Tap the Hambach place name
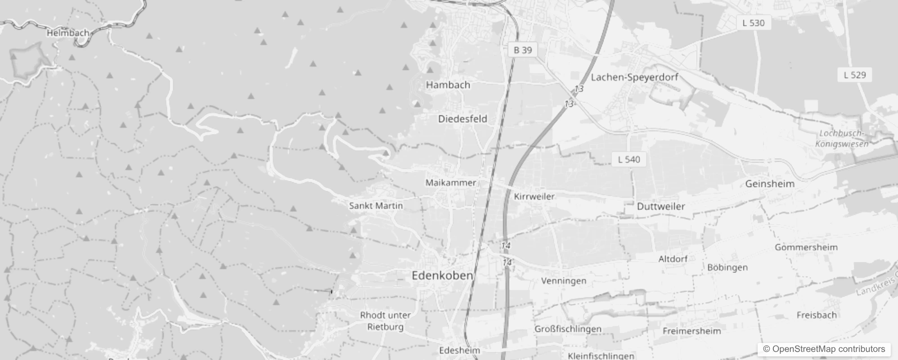click(448, 85)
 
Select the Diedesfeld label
click(462, 119)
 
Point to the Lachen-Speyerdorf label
click(634, 77)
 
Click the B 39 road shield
click(523, 50)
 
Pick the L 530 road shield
click(754, 22)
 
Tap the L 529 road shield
click(855, 75)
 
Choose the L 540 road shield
click(629, 159)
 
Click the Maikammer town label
click(451, 183)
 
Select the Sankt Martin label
click(376, 206)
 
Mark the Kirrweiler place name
click(534, 196)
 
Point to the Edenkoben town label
click(442, 275)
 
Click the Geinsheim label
click(770, 184)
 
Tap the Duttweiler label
click(661, 207)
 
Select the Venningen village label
click(564, 281)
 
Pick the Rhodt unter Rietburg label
click(385, 321)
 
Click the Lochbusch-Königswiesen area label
click(842, 139)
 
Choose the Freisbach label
click(817, 315)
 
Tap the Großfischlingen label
click(568, 329)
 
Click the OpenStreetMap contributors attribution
click(824, 349)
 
